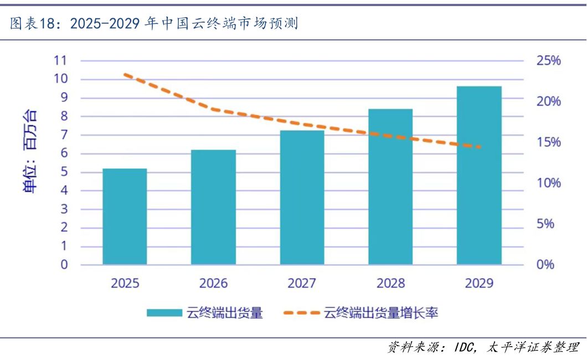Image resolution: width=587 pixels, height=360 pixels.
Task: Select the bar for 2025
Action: [x=125, y=217]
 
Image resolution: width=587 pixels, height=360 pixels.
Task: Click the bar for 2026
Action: [x=213, y=207]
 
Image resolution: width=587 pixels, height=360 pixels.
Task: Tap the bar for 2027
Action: [x=302, y=197]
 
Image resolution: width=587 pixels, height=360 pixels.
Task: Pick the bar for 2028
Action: [x=390, y=187]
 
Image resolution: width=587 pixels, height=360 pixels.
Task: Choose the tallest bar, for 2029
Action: [x=479, y=175]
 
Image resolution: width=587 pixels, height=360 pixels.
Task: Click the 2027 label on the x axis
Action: [x=302, y=284]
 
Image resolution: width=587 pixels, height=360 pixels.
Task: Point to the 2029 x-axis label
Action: [x=479, y=284]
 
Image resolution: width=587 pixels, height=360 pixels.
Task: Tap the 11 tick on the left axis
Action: [x=60, y=60]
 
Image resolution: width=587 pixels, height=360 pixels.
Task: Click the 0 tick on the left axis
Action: [x=64, y=264]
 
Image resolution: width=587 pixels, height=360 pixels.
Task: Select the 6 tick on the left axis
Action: [x=64, y=153]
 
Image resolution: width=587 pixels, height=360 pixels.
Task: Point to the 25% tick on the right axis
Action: [x=548, y=60]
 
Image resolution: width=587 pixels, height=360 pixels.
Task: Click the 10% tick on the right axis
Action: [x=548, y=183]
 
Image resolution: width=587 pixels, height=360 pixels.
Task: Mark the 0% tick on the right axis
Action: [x=545, y=264]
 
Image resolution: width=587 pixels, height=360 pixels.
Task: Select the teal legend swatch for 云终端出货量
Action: [x=164, y=313]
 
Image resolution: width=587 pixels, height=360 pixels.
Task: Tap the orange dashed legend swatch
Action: [x=301, y=313]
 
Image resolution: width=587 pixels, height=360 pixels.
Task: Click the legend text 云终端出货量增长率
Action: [x=381, y=313]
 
